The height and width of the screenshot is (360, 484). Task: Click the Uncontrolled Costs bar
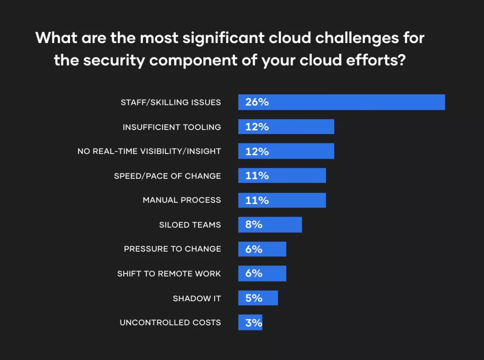point(250,322)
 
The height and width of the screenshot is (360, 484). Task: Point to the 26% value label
point(257,102)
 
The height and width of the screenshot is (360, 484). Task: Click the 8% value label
point(254,225)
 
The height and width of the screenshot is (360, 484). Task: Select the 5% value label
point(254,298)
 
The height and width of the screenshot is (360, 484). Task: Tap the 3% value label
point(253,322)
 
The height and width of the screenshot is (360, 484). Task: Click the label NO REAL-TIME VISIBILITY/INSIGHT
point(149,152)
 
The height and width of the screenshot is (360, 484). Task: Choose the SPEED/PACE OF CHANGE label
point(167,176)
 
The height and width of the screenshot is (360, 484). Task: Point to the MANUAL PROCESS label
point(181,200)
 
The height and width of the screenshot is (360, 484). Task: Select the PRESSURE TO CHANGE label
point(173,249)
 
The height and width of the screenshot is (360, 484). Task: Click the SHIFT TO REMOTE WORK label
point(169,273)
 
